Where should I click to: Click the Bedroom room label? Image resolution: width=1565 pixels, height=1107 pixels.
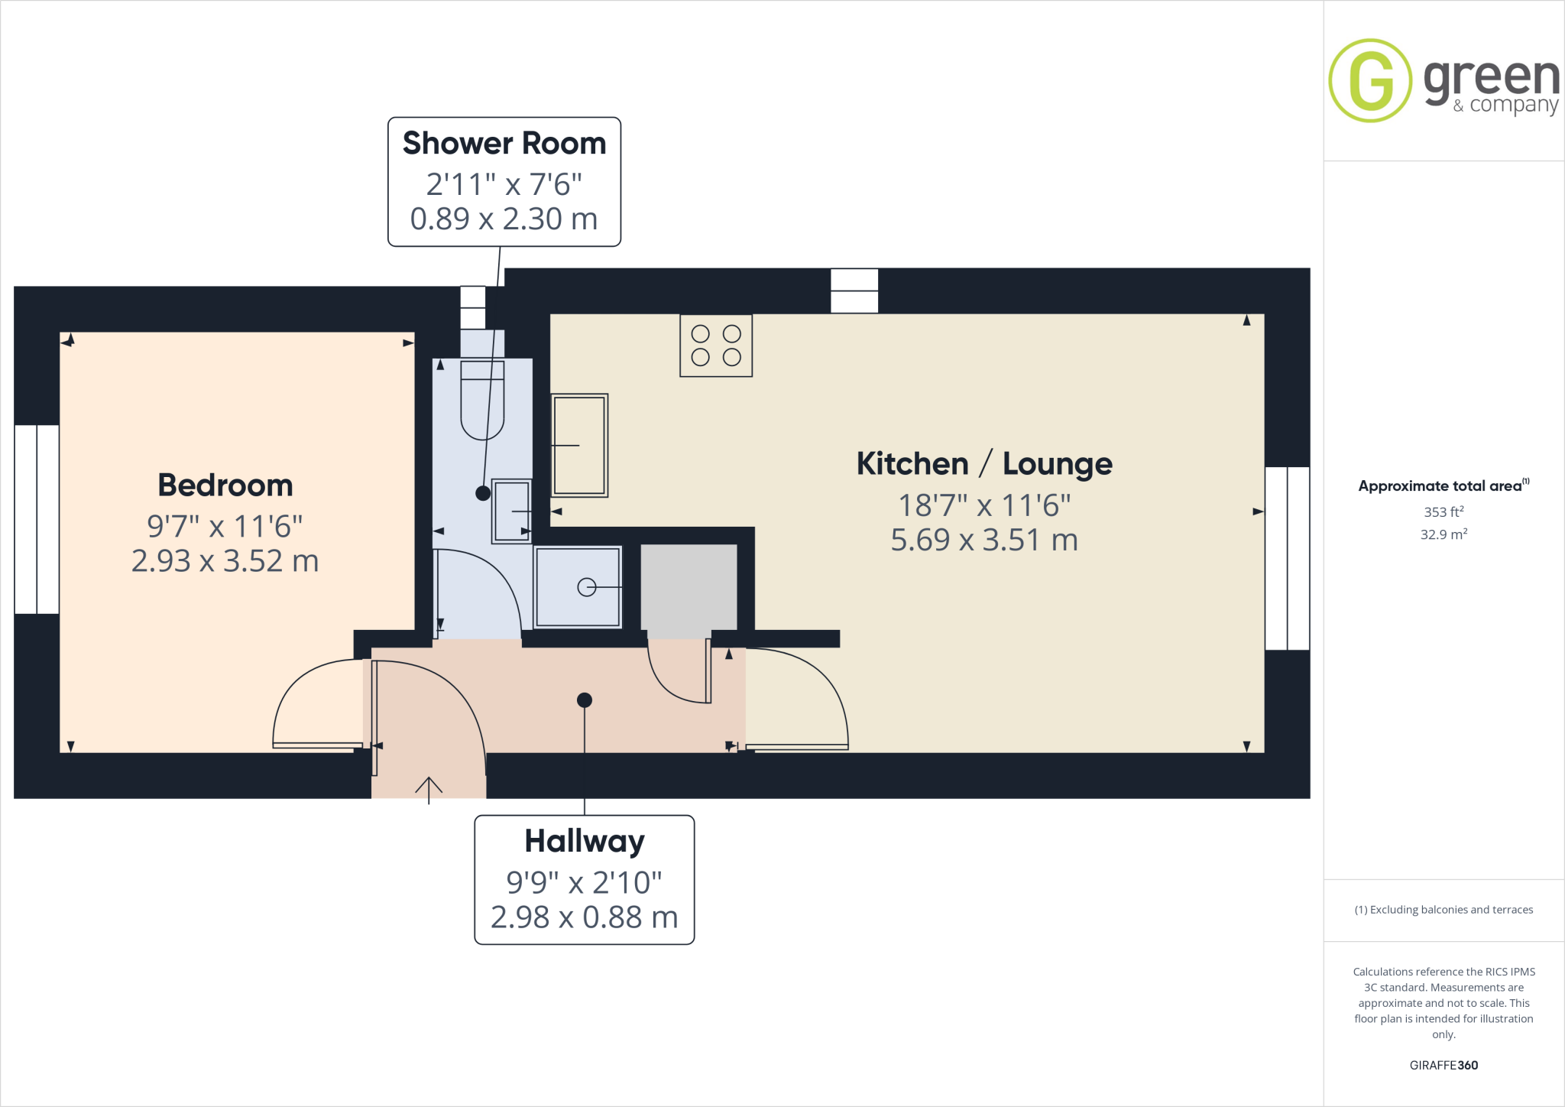225,485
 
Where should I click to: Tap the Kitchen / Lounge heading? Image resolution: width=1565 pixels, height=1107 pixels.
983,464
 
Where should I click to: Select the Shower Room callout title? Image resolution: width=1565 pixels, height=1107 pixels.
504,144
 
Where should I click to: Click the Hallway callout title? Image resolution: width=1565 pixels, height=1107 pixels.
584,841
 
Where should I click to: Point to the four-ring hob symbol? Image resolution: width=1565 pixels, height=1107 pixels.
716,346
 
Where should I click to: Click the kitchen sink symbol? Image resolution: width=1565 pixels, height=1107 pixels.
579,445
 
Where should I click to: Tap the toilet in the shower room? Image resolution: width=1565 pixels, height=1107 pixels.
482,401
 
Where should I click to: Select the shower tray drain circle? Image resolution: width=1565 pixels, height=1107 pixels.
586,587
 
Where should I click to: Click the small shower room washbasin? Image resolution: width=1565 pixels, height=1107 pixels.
511,511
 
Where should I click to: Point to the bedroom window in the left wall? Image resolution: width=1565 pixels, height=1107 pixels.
37,519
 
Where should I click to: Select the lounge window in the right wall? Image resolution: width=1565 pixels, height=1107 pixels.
1287,558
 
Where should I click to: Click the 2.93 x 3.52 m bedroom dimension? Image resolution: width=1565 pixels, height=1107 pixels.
225,561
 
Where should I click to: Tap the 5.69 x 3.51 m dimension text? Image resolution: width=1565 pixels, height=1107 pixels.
983,541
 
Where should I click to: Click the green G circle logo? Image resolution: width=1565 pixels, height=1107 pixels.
1370,81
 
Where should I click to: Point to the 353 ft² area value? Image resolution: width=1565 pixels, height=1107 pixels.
1443,511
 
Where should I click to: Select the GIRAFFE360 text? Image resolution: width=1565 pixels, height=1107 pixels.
1443,1065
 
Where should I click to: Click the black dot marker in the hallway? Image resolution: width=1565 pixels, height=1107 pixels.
585,700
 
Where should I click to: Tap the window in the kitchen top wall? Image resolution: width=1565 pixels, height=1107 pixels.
854,291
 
